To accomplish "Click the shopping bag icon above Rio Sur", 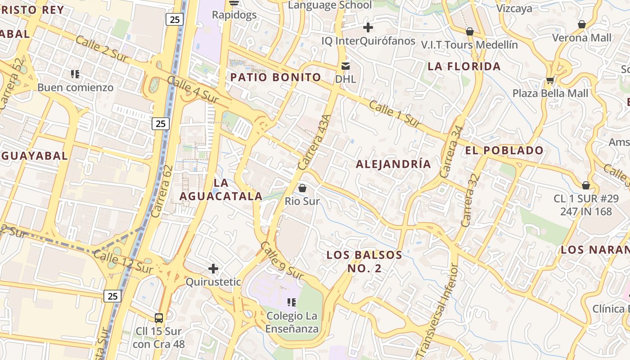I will (302, 188).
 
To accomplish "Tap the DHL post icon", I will (345, 66).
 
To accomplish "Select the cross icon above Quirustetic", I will (213, 269).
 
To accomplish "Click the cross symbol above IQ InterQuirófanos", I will (368, 27).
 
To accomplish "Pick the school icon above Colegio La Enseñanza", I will (292, 302).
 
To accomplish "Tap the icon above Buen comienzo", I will (75, 74).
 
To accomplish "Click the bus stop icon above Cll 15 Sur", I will (158, 318).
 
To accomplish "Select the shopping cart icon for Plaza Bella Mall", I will (550, 81).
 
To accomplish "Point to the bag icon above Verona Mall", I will (582, 24).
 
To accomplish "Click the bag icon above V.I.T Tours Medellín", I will (470, 31).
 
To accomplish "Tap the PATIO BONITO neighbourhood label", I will (275, 77).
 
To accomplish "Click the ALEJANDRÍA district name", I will (393, 164).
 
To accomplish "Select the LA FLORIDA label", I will (464, 67).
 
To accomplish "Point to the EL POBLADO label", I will (504, 150).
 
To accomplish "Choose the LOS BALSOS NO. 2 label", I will (364, 261).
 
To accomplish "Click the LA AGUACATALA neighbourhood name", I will (221, 189).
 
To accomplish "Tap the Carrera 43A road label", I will (315, 142).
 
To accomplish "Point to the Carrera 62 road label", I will (162, 191).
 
